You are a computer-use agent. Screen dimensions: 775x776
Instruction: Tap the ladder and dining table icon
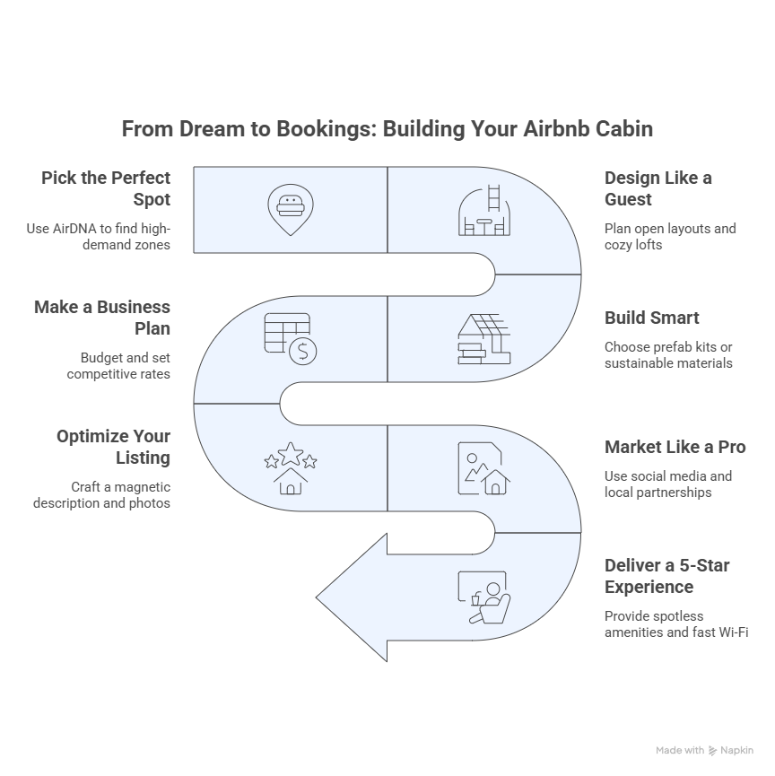(x=484, y=210)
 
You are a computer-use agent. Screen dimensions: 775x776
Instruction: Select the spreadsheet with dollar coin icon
(x=291, y=339)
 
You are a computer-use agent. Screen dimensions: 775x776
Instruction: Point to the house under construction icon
(x=484, y=339)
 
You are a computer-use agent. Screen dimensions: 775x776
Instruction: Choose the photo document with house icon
(x=484, y=468)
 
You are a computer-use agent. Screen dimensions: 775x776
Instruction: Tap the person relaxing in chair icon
(x=484, y=597)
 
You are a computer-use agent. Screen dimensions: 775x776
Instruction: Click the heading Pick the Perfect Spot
(x=106, y=188)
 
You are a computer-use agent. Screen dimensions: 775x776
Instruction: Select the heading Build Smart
(x=652, y=318)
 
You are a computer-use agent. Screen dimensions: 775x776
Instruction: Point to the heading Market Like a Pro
(x=675, y=447)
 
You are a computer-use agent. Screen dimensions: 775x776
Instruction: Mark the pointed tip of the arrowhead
(x=317, y=597)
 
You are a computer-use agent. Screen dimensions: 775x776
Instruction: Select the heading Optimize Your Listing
(x=113, y=447)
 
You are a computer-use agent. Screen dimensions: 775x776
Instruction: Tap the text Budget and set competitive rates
(x=118, y=366)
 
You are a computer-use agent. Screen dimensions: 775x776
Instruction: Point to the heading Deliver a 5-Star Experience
(x=667, y=576)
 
